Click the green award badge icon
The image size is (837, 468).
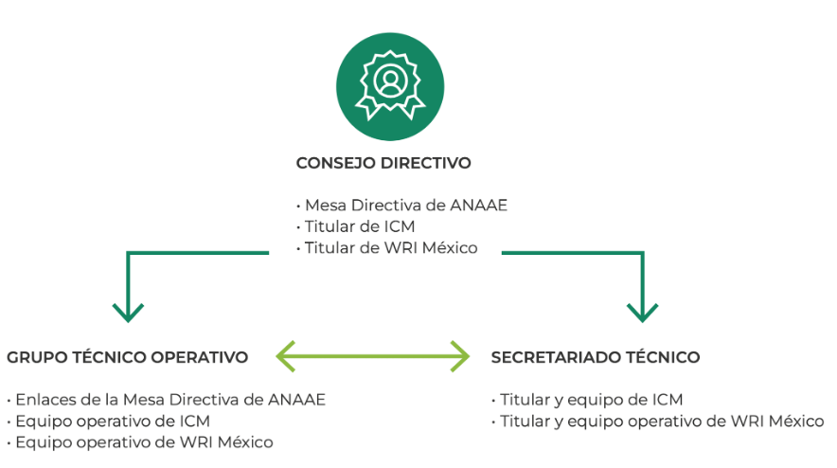click(x=389, y=87)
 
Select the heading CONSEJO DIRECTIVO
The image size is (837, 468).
click(x=383, y=163)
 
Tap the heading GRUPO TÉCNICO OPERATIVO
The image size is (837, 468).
click(x=128, y=357)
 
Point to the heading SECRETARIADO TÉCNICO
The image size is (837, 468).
click(x=596, y=357)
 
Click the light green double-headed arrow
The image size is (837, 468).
click(x=372, y=357)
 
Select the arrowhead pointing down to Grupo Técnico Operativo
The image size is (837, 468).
click(x=128, y=310)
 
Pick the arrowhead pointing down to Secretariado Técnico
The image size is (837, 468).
click(x=643, y=310)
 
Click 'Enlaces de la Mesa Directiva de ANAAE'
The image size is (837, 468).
click(x=169, y=400)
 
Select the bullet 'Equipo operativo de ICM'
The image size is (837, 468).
click(x=112, y=421)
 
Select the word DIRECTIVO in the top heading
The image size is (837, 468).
click(x=425, y=163)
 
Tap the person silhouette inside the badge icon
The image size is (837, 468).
click(x=389, y=80)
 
